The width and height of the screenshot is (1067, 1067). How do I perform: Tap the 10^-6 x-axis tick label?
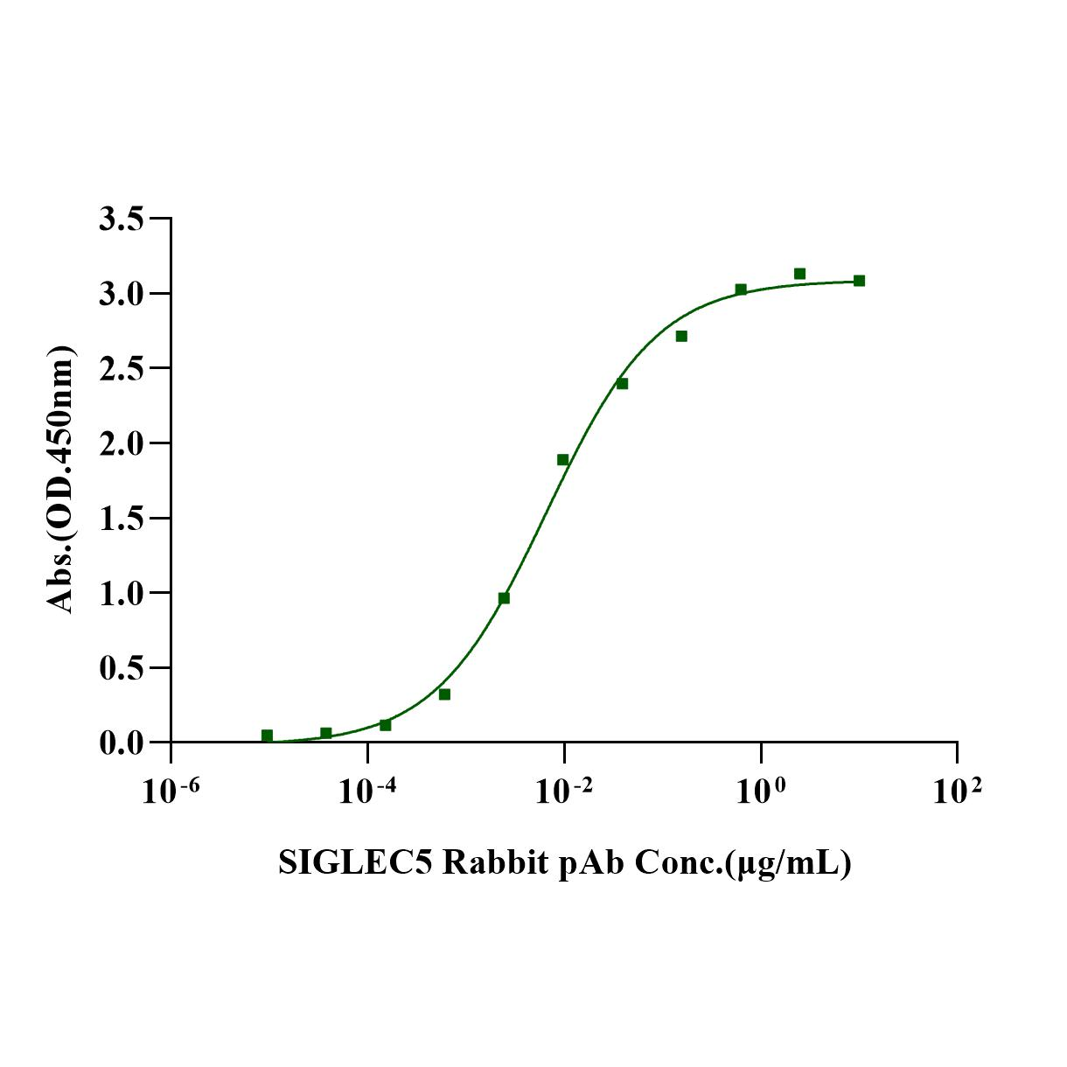(x=171, y=791)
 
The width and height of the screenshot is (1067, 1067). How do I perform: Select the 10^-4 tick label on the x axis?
(x=367, y=791)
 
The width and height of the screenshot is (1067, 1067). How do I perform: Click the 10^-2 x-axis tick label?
(x=564, y=791)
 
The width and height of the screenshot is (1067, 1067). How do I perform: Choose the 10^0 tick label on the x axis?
(x=761, y=791)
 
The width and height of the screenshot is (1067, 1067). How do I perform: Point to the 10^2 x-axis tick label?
(x=957, y=791)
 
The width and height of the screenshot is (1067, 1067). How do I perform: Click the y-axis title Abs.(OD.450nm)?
(x=60, y=479)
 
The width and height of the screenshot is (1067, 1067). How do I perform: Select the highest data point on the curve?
(x=799, y=274)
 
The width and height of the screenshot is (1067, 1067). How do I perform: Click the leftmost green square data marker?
(x=267, y=736)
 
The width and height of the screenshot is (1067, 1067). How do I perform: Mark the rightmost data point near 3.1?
(x=859, y=281)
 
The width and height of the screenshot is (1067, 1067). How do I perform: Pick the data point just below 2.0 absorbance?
(x=562, y=460)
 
